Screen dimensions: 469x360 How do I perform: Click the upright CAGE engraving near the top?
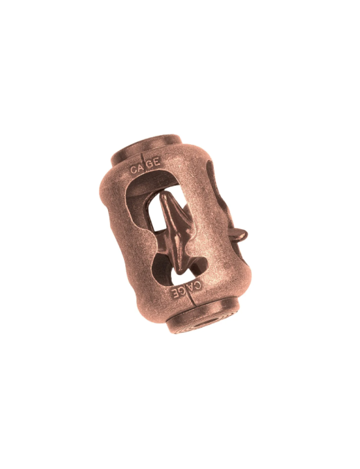145,166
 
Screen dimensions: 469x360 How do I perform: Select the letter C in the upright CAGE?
133,168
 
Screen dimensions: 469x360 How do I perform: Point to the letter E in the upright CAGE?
158,163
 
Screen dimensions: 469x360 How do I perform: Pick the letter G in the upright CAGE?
150,164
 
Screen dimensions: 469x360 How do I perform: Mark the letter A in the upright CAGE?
139,166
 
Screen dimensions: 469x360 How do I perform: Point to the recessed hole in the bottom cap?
203,321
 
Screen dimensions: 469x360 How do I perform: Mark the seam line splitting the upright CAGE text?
145,164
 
